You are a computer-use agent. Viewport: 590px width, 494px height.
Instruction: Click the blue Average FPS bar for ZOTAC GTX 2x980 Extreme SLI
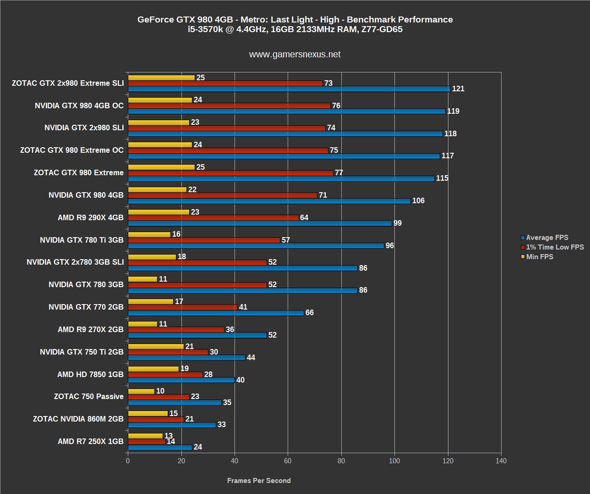289,89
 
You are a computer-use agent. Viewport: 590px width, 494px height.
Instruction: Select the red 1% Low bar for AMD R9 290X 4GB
213,218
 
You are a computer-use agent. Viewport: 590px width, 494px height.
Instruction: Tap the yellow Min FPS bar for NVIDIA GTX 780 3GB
142,279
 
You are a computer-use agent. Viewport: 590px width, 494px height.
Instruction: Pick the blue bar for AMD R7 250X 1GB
160,447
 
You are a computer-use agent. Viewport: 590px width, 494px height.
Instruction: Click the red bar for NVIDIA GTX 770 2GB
182,307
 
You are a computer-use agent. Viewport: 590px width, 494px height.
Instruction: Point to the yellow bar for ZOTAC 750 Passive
141,391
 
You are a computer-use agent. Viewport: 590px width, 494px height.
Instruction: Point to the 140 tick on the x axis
501,461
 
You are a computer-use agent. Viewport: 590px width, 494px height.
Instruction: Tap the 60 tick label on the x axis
288,461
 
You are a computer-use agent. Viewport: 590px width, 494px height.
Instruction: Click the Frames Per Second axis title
259,481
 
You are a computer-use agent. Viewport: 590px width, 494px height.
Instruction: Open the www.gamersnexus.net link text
295,55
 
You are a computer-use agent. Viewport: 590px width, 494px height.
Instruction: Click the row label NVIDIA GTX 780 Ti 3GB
82,240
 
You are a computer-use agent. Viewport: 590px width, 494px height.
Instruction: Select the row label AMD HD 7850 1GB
90,374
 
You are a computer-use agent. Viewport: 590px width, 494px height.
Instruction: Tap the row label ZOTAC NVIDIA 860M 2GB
78,419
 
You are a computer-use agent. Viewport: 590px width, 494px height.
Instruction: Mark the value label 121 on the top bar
458,89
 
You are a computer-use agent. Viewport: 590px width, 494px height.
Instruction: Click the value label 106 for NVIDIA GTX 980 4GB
418,201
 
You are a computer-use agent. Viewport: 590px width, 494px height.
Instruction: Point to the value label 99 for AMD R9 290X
398,223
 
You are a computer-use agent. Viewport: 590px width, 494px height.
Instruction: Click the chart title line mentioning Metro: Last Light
295,20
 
